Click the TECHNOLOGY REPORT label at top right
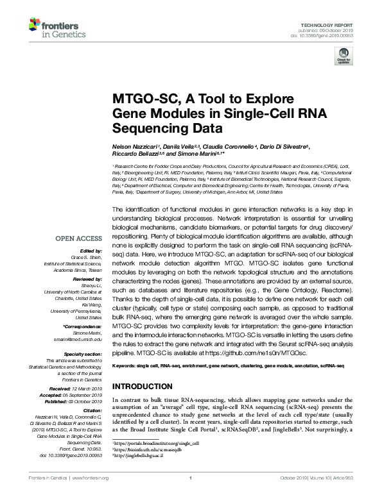329,24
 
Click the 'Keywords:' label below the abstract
125,366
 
